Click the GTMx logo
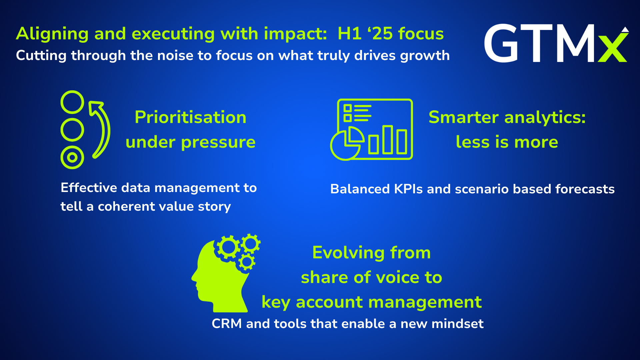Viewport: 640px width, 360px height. [x=556, y=43]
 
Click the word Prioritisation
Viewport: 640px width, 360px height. [x=191, y=117]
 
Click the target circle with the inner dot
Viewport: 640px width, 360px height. [x=72, y=157]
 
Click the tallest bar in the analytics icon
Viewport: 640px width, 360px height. [x=388, y=140]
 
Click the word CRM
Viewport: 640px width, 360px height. [x=227, y=324]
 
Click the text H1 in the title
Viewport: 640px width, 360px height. [x=350, y=34]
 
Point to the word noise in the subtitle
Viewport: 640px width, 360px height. [x=175, y=55]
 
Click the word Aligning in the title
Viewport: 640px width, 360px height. [x=52, y=34]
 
